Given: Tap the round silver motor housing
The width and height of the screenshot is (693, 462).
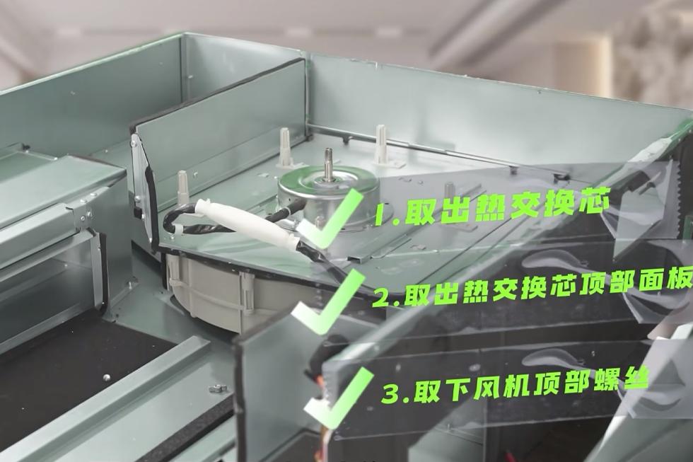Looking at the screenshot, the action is (328, 195).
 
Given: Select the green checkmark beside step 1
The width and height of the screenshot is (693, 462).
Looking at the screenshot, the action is (337, 216).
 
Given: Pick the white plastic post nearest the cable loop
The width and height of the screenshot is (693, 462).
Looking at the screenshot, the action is (183, 188).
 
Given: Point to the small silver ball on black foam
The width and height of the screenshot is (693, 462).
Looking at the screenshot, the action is (106, 377).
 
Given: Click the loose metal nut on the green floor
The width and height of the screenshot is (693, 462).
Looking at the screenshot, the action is (216, 388).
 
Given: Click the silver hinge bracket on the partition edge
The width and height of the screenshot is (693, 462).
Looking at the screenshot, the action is (139, 177).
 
